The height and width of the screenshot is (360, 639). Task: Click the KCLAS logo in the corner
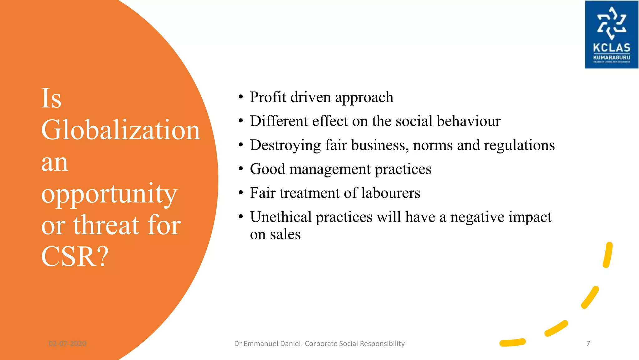tap(611, 34)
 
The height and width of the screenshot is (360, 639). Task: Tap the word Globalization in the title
tap(120, 130)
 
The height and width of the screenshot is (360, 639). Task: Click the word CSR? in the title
tap(75, 256)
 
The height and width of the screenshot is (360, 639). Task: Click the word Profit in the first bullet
tap(268, 97)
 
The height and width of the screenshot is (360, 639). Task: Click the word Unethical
tap(280, 217)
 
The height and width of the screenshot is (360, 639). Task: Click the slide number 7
tap(588, 343)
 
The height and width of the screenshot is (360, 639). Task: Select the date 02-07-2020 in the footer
tap(67, 343)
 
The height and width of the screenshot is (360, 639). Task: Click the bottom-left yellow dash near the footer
tap(512, 343)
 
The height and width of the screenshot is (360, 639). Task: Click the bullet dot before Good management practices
tap(241, 169)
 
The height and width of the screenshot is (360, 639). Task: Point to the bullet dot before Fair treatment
tap(241, 193)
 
